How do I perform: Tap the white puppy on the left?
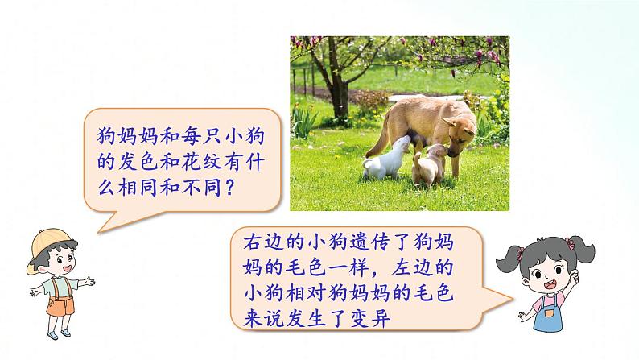381,162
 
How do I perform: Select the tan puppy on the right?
427,166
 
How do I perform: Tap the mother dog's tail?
385,122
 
